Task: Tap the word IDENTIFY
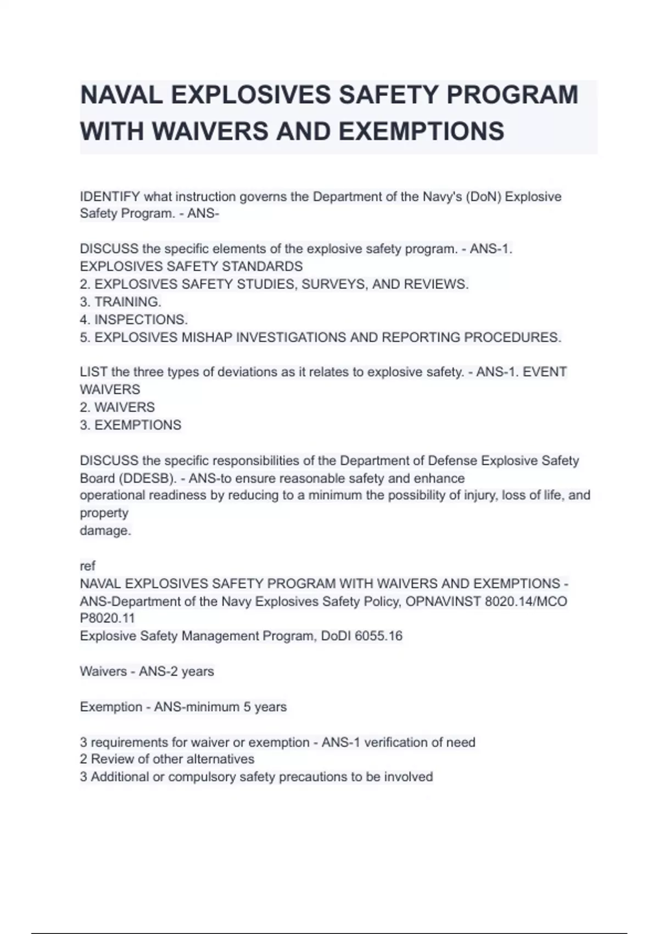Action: tap(110, 197)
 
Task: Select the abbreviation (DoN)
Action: tap(483, 197)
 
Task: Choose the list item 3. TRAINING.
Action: tap(120, 302)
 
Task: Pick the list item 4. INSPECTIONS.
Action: tap(133, 319)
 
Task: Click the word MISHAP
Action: tap(206, 337)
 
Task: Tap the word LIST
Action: tap(93, 372)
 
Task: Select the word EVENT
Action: tap(545, 372)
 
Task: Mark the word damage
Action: tap(105, 531)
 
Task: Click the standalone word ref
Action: tap(87, 566)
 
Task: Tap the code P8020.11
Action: tap(107, 618)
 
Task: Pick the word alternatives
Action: tap(220, 759)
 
